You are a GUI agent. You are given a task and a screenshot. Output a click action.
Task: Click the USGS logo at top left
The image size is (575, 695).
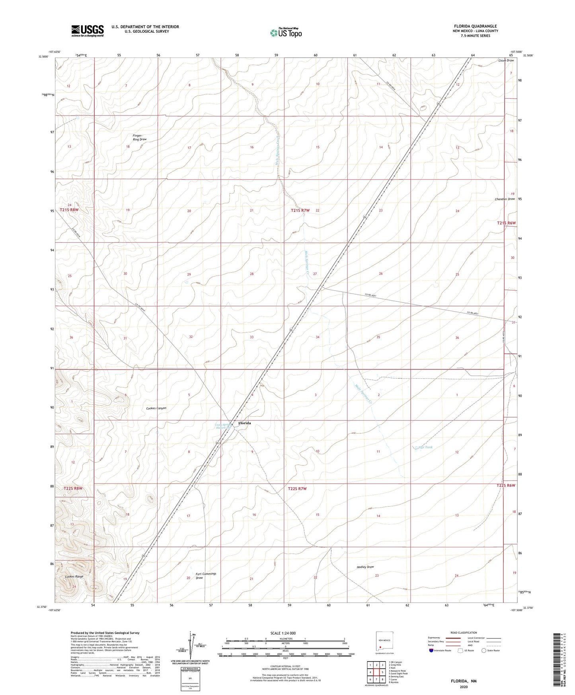[x=88, y=30]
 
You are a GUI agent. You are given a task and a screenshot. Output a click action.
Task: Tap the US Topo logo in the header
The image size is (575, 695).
[x=285, y=33]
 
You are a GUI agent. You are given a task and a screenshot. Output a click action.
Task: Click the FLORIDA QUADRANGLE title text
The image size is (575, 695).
[x=475, y=26]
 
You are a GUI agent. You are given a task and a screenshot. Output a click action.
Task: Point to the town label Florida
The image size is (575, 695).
[x=244, y=423]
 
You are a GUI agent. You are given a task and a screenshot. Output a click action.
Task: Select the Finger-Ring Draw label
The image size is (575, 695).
[x=140, y=137]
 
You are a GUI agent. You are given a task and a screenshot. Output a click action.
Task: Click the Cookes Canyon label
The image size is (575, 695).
[x=156, y=408]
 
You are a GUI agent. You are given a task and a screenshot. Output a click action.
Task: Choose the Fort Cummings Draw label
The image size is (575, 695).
[x=206, y=576]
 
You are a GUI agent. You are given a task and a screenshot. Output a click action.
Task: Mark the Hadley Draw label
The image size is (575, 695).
[x=365, y=567]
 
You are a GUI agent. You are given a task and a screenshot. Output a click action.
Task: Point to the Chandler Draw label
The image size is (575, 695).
[x=505, y=199]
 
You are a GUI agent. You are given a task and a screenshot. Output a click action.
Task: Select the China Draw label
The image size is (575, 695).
[x=506, y=61]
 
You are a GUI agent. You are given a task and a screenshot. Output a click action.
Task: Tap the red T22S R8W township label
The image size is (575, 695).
[x=72, y=488]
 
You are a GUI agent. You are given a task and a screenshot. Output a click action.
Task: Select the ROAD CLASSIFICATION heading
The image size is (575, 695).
[x=463, y=633]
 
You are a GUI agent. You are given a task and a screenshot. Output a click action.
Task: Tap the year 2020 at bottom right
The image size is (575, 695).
[x=463, y=687]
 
